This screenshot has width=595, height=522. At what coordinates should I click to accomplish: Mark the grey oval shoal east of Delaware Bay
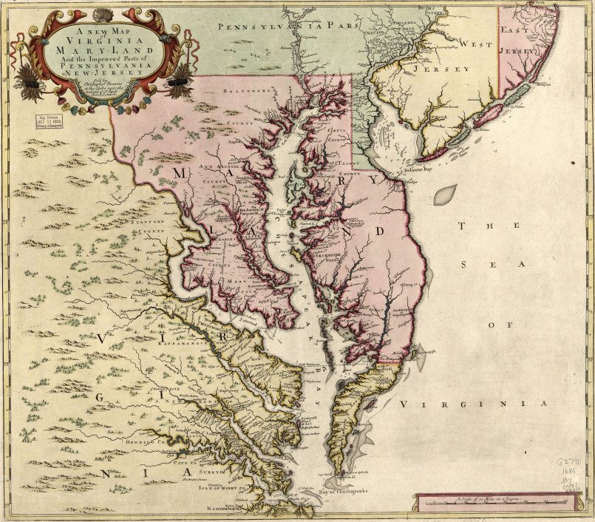tap(443, 196)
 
